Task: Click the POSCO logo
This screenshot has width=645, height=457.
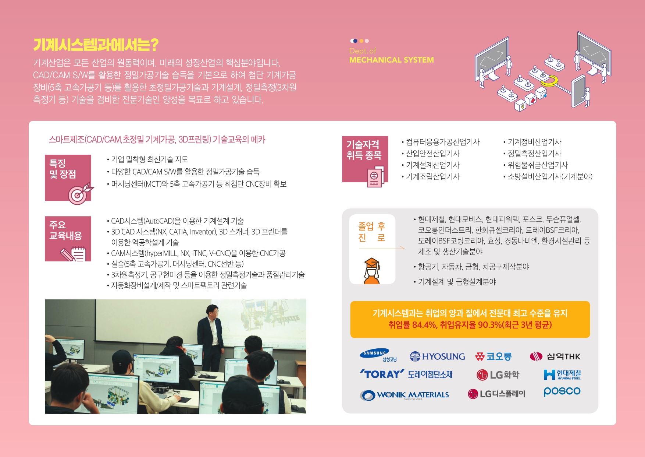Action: [x=562, y=391]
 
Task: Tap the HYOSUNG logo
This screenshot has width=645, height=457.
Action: [x=437, y=356]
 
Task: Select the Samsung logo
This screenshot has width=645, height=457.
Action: [x=378, y=355]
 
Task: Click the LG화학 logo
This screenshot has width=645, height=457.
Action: [x=498, y=375]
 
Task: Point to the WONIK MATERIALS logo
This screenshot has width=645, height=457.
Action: [x=405, y=395]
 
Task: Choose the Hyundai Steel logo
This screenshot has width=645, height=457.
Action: [x=562, y=375]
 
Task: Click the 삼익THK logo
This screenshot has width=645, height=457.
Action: [x=555, y=356]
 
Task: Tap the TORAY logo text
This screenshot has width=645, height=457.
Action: [x=382, y=374]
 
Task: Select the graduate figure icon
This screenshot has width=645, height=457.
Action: [x=372, y=271]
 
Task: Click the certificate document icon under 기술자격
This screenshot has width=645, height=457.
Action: [x=375, y=177]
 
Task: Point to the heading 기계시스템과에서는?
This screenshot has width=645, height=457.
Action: [x=96, y=45]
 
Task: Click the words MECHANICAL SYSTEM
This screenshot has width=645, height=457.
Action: [x=392, y=60]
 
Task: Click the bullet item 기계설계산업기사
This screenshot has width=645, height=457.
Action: [x=433, y=165]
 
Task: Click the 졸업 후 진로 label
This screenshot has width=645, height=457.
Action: [x=372, y=232]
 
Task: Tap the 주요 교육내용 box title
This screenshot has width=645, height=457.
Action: [x=65, y=230]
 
